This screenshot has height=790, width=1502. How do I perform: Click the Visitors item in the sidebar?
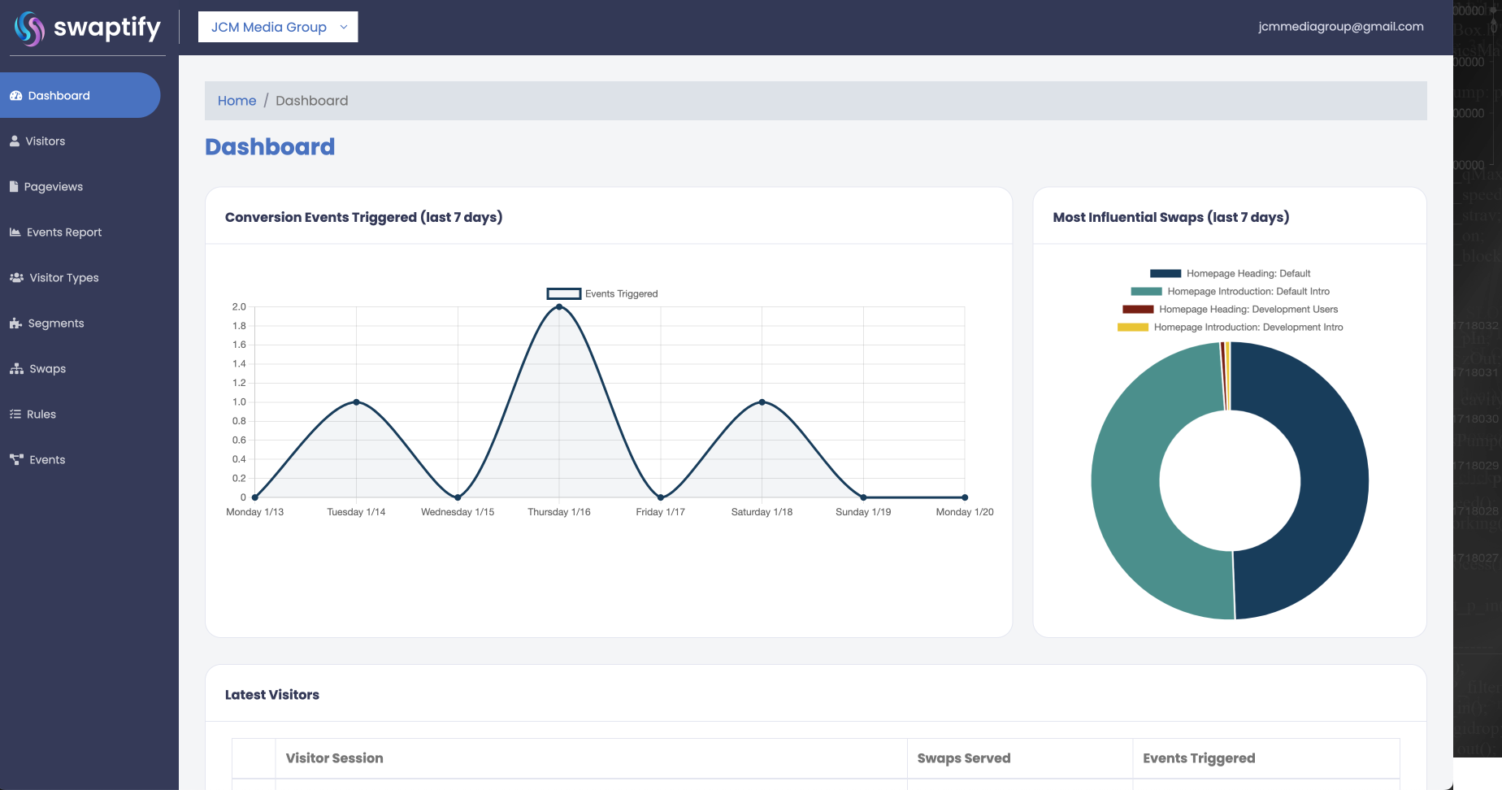[45, 141]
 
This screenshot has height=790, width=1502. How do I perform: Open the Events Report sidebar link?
[63, 232]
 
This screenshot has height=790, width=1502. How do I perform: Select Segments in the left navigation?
[55, 323]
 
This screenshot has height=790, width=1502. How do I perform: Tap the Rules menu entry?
[41, 415]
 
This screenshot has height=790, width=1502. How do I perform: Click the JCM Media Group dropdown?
[278, 27]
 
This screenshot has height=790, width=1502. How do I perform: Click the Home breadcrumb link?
[237, 101]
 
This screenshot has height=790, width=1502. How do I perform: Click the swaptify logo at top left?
[88, 28]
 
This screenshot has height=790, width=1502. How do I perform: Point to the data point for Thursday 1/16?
[559, 307]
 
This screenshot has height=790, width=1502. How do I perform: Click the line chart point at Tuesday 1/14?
[356, 402]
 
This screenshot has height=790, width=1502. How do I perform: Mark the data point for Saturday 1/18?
[762, 402]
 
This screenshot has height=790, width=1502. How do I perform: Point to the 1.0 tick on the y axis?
[239, 402]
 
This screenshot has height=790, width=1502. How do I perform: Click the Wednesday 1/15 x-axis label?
[457, 512]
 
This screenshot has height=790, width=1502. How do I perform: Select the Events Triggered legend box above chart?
[563, 294]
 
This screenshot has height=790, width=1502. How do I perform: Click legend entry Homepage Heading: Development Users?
[1248, 310]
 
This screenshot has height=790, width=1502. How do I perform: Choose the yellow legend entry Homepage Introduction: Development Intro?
[1248, 328]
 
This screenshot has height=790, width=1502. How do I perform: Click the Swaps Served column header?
[964, 758]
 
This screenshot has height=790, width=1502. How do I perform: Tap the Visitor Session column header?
[334, 758]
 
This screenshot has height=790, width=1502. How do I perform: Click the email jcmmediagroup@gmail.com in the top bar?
[1340, 27]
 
